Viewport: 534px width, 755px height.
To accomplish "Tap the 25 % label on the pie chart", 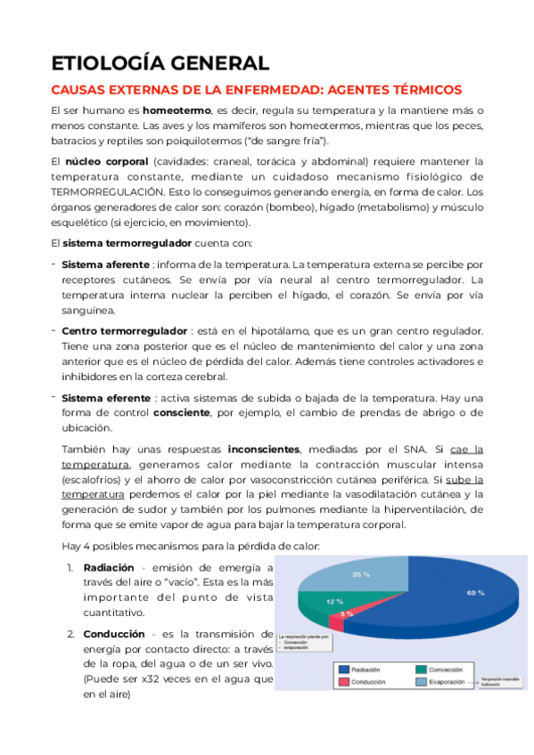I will coord(360,574).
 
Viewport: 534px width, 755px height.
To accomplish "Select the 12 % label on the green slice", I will coord(333,602).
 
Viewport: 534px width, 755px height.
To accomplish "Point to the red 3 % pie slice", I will coord(346,614).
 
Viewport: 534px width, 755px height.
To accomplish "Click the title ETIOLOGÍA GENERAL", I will coord(160,63).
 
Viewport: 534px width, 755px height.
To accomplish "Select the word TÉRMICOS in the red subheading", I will coord(421,90).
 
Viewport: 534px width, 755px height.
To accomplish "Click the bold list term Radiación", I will coord(108,567).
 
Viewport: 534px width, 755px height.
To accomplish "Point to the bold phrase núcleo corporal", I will coord(104,161).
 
